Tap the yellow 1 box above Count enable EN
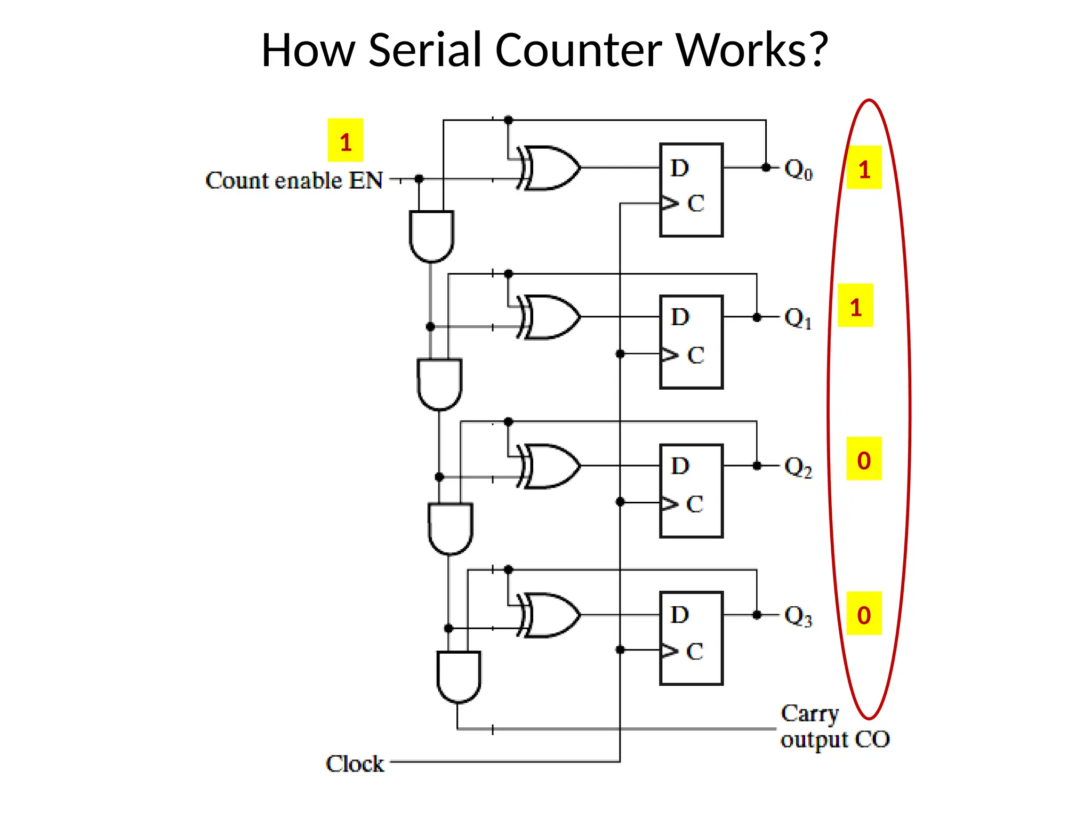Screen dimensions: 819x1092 345,140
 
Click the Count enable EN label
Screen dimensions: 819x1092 294,180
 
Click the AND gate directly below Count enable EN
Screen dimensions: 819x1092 431,235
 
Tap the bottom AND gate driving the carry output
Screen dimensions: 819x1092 459,676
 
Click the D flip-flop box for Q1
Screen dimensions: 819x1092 691,342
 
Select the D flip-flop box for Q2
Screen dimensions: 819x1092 691,491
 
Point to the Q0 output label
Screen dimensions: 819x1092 798,170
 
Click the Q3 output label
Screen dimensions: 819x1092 798,616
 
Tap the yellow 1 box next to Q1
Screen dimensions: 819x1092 855,306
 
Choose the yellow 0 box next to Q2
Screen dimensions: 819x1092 864,459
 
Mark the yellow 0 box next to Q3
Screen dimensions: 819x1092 864,613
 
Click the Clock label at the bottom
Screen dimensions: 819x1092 355,764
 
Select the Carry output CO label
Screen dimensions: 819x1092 834,726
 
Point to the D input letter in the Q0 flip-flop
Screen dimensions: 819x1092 680,168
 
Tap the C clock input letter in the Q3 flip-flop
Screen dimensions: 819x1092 695,652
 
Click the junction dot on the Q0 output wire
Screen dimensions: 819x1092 766,167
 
